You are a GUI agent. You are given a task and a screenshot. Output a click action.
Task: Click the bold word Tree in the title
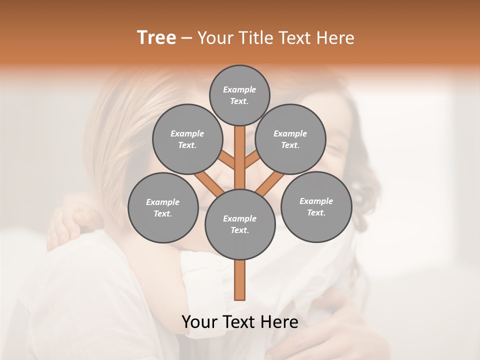tap(156, 38)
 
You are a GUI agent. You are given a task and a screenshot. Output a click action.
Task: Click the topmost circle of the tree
tap(239, 95)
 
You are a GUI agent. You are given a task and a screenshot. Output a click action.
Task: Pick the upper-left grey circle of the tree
tap(187, 139)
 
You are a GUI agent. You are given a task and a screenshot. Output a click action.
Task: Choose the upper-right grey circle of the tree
tap(290, 139)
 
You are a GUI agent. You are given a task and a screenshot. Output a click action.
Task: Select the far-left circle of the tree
tap(163, 207)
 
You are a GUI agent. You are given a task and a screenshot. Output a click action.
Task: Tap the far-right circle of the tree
tap(316, 206)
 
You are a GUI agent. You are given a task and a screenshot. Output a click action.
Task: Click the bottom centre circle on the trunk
tap(240, 224)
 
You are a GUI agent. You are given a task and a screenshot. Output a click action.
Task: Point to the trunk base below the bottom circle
tap(240, 280)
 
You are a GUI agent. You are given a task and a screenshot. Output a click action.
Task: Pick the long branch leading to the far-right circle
tap(270, 183)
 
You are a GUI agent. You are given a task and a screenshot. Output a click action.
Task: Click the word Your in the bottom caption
tap(199, 322)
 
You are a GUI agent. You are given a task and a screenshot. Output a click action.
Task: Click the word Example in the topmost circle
tap(239, 89)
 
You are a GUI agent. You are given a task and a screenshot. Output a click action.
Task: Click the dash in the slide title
tap(186, 38)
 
